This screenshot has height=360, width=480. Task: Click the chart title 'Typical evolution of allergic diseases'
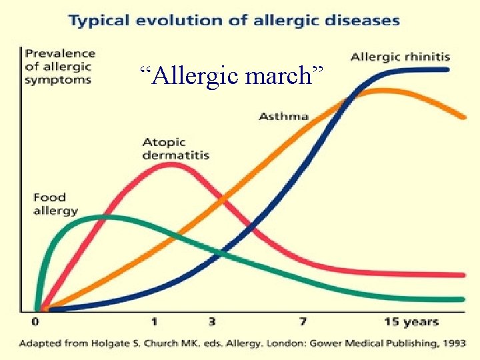pos(233,19)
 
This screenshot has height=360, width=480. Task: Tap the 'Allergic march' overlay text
pos(235,75)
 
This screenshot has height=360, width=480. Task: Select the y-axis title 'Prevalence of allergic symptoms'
pos(59,66)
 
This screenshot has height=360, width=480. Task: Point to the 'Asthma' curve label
pos(283,116)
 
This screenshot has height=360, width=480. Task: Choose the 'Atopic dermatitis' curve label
pos(175,148)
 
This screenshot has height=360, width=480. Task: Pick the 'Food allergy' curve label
pos(55,204)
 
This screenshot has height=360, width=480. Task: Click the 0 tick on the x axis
pos(35,322)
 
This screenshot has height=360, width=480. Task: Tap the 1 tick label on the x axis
pos(154,322)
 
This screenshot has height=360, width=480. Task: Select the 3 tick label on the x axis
pos(212,322)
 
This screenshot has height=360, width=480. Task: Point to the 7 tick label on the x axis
pos(303,322)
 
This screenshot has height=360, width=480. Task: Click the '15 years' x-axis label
pos(411,322)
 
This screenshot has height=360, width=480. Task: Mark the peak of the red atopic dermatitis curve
pos(172,164)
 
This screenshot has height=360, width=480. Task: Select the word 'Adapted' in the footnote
pos(40,344)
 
